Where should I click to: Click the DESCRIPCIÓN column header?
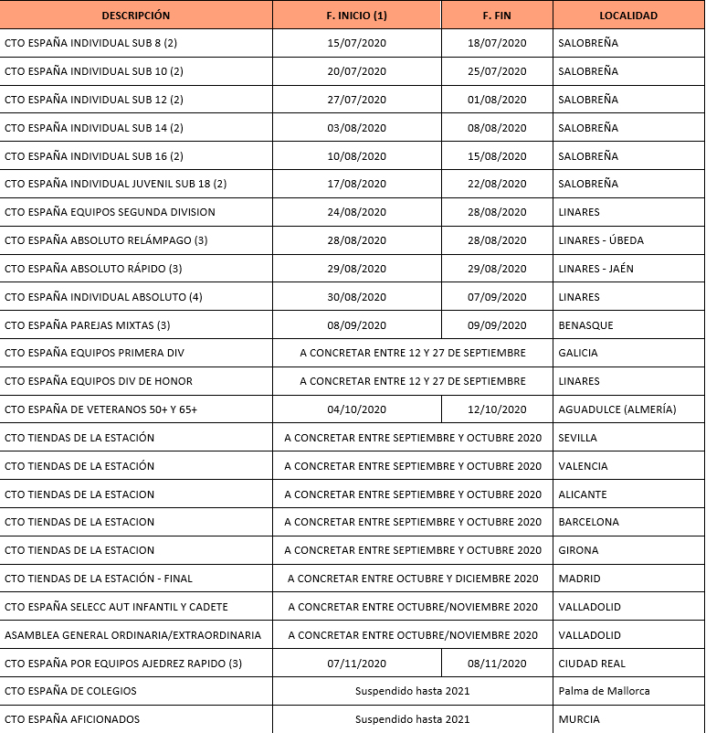click(x=136, y=16)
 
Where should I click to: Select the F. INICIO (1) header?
click(x=356, y=16)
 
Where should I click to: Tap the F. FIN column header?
click(x=497, y=16)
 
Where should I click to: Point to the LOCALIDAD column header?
click(x=627, y=16)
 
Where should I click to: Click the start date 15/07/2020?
click(x=356, y=43)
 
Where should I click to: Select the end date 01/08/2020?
click(x=497, y=100)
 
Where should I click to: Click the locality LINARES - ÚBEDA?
click(x=601, y=240)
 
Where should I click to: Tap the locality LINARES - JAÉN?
click(x=595, y=269)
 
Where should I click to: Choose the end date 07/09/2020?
click(x=497, y=297)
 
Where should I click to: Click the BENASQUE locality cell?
click(x=585, y=325)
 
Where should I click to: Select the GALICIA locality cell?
click(x=578, y=353)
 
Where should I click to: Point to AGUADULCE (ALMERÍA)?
click(x=617, y=409)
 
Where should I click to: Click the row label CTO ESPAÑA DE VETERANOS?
click(x=100, y=409)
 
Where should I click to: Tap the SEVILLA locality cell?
click(x=578, y=438)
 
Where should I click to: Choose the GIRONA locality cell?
click(x=578, y=550)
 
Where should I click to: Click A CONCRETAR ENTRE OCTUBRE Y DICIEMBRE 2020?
click(x=413, y=579)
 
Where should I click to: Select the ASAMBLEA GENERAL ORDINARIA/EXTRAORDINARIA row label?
click(x=132, y=635)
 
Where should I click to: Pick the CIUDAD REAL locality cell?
click(x=593, y=664)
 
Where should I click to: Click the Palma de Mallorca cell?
click(x=604, y=691)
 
